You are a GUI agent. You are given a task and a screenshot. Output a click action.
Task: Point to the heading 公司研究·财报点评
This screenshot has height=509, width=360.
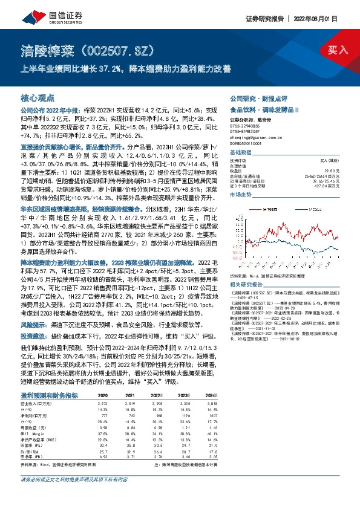tap(253, 98)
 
